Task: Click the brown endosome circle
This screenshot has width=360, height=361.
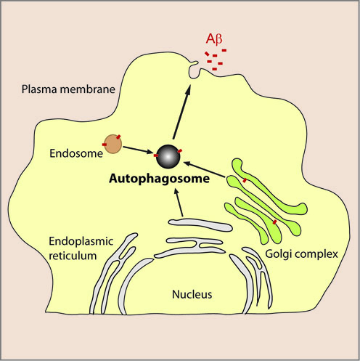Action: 112,143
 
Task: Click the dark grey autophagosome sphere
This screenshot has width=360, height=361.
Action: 168,155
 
